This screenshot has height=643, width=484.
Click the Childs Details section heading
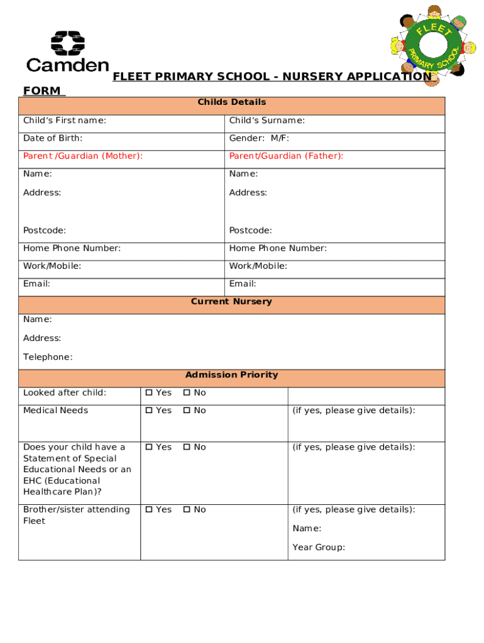[x=231, y=102]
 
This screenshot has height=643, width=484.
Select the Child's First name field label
[x=64, y=121]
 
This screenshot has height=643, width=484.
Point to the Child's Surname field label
[x=267, y=121]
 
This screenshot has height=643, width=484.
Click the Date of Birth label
[x=53, y=138]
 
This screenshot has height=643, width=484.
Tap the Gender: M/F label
[x=259, y=138]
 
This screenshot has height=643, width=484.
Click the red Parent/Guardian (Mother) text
[x=82, y=156]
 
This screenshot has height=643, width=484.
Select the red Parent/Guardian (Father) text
[x=286, y=156]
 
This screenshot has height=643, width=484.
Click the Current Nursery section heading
[x=231, y=301]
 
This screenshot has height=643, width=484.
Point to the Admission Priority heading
[x=231, y=375]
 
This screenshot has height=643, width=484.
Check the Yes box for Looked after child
[x=149, y=393]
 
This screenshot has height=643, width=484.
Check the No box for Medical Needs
[x=187, y=411]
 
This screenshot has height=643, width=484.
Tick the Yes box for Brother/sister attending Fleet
[x=149, y=510]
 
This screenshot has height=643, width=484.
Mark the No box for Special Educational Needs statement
[x=187, y=448]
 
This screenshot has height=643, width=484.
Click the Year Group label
[x=318, y=548]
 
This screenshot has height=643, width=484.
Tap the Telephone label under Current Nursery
[x=48, y=357]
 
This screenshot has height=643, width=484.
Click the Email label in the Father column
[x=243, y=284]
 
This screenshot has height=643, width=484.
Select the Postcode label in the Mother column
[x=45, y=230]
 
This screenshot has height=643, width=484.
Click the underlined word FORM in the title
[x=42, y=91]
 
